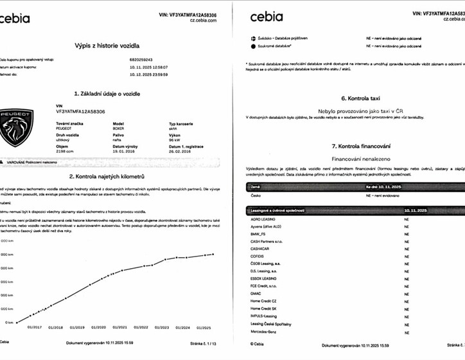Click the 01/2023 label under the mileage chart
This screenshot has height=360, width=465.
click(x=162, y=327)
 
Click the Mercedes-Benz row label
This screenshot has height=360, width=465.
click(x=264, y=332)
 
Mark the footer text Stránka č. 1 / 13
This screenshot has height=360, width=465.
click(x=201, y=343)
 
